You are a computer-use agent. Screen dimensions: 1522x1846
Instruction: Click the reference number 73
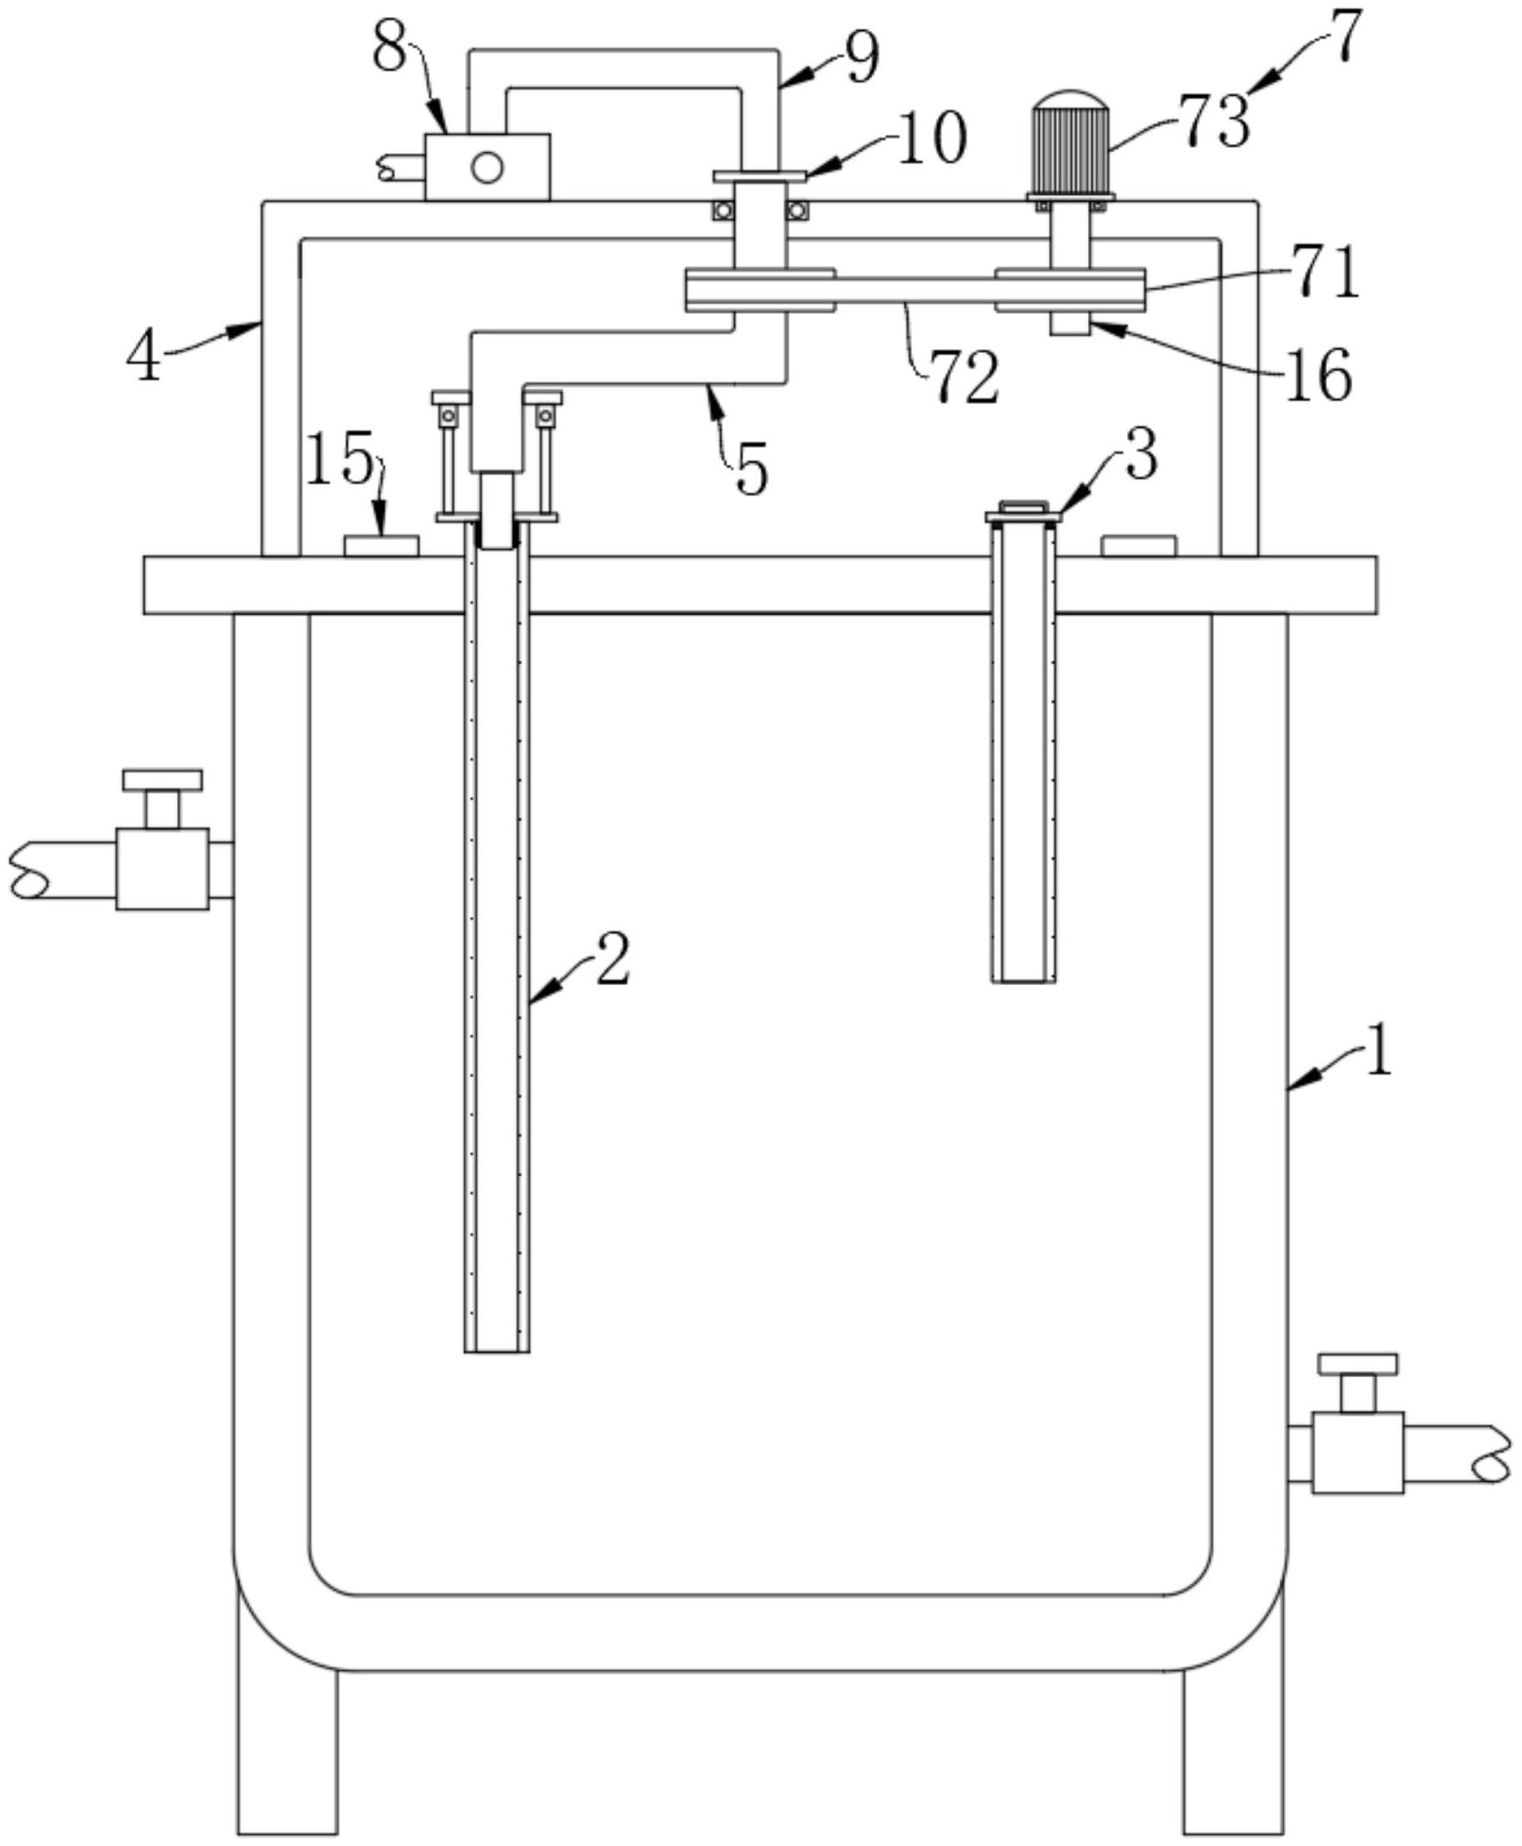pyautogui.click(x=1214, y=121)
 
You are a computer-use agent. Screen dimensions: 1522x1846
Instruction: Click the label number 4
pyautogui.click(x=144, y=358)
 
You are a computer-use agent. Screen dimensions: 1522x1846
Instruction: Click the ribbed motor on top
pyautogui.click(x=1072, y=144)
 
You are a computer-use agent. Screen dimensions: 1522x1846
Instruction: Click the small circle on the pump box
pyautogui.click(x=487, y=167)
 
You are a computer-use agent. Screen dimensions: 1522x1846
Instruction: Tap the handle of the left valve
pyautogui.click(x=162, y=780)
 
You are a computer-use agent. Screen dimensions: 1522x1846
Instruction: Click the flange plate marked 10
pyautogui.click(x=760, y=175)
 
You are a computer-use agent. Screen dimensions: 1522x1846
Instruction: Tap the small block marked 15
pyautogui.click(x=381, y=545)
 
